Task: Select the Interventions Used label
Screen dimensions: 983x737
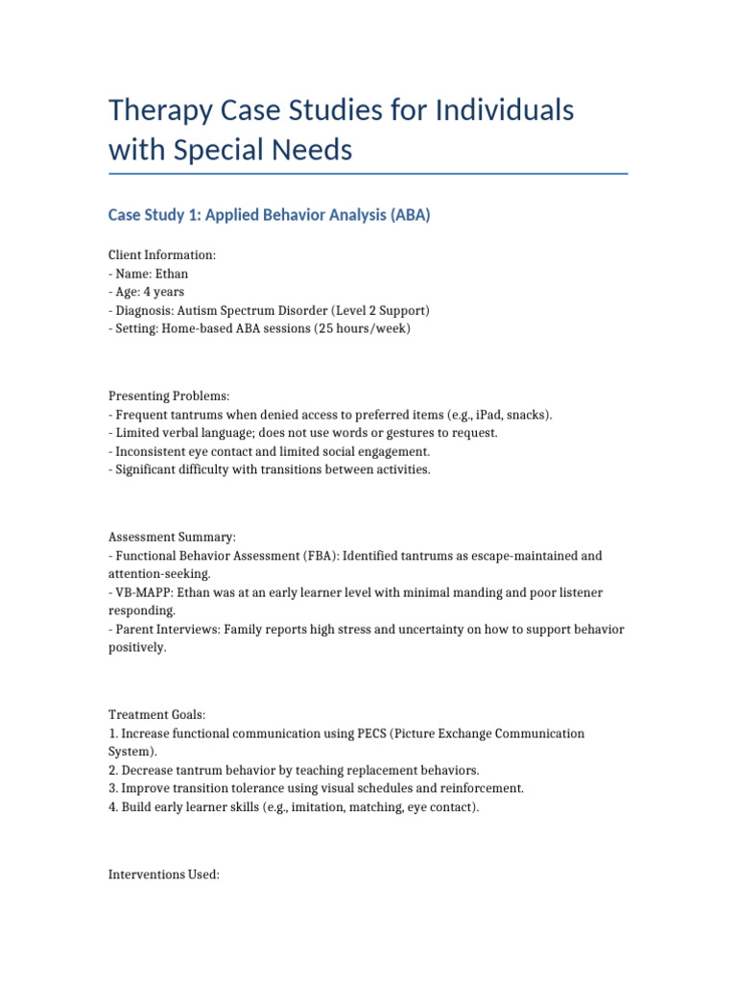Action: pyautogui.click(x=164, y=875)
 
